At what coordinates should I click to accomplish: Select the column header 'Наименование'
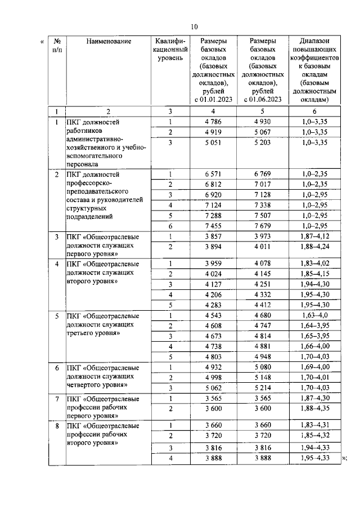pos(109,41)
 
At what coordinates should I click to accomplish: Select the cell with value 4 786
pos(213,122)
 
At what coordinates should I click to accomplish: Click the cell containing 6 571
pos(213,174)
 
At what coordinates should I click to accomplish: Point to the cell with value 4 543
pos(213,315)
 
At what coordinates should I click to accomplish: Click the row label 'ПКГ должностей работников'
pos(92,127)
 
